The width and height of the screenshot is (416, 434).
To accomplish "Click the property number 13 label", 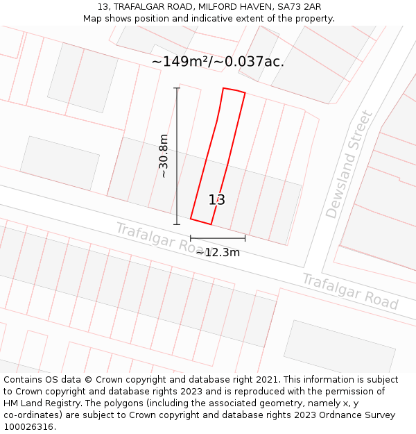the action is click(217, 200).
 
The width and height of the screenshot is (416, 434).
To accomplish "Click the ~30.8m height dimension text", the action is click(164, 156).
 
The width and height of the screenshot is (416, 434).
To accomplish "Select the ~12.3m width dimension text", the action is click(218, 253).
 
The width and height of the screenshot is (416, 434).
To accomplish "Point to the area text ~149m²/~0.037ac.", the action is click(218, 62).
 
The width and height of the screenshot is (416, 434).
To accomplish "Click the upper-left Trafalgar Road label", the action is click(159, 238).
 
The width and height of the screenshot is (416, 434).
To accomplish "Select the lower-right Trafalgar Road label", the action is click(349, 291).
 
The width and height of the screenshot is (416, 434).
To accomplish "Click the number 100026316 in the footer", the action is click(28, 427).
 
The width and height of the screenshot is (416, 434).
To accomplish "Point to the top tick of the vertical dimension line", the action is click(177, 88).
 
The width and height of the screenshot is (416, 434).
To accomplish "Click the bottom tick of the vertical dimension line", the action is click(177, 224).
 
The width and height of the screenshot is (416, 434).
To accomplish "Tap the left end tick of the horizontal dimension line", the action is click(191, 239).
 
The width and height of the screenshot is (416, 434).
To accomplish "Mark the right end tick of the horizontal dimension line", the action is click(245, 239).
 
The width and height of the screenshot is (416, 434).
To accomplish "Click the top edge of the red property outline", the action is click(234, 90).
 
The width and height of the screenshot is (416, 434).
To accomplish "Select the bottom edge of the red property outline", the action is click(200, 222).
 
